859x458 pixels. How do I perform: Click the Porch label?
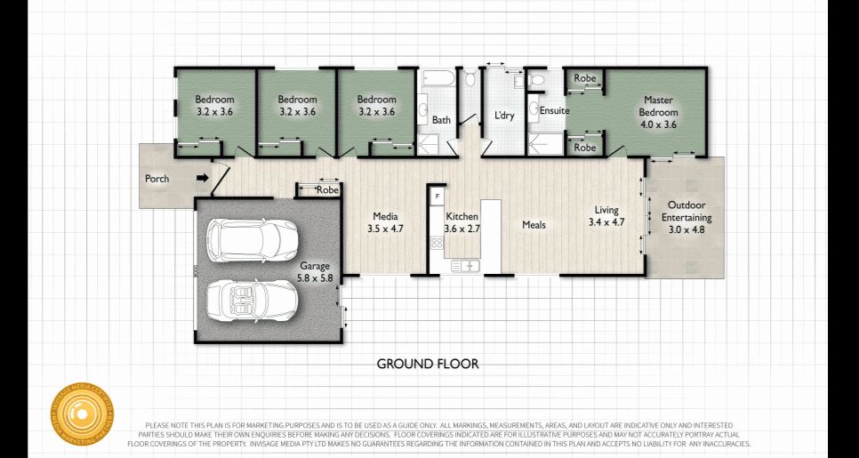point(157,179)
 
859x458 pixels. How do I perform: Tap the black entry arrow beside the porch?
point(202,179)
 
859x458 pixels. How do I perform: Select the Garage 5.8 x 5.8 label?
point(315,272)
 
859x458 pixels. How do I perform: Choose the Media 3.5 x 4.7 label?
point(385,222)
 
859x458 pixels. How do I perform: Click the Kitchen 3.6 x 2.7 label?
point(462,222)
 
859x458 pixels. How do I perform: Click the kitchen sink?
point(465,265)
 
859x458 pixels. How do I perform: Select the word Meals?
point(534,225)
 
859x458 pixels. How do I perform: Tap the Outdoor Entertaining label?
point(686,217)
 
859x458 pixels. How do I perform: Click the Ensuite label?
point(554,110)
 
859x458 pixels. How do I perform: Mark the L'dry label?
point(504,117)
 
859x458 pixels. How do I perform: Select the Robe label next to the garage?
point(328,190)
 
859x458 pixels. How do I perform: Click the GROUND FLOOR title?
point(428,364)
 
